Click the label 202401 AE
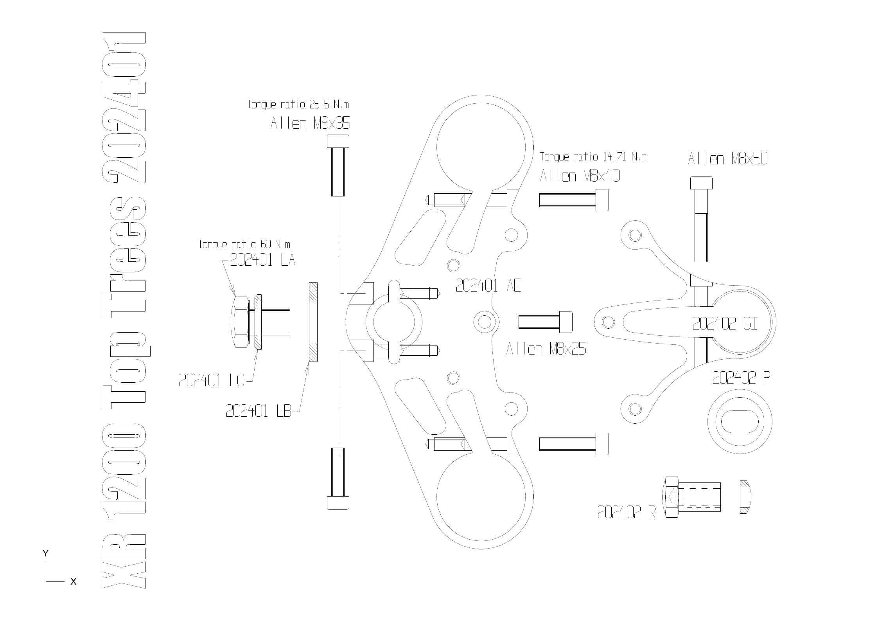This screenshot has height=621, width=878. (x=488, y=286)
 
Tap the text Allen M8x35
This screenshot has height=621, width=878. (x=311, y=124)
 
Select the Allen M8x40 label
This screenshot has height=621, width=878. (x=580, y=176)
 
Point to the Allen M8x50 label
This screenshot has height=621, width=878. (x=727, y=159)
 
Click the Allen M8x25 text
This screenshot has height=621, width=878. (x=546, y=349)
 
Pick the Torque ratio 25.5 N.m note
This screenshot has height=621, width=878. (x=298, y=104)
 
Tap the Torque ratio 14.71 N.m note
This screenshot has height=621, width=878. (x=593, y=157)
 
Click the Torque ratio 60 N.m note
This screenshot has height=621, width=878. (x=244, y=245)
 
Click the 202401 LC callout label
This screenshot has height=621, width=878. (x=211, y=380)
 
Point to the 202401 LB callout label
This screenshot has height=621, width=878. (x=259, y=411)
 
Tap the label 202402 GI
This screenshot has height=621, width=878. (x=725, y=324)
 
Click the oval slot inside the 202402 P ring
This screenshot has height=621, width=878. (x=739, y=421)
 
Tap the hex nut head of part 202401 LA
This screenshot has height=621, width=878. (x=241, y=322)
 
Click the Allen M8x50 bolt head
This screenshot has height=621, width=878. (x=701, y=183)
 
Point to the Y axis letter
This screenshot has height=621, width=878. (x=46, y=553)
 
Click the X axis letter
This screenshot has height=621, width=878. (x=73, y=581)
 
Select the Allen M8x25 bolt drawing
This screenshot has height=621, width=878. (x=545, y=322)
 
